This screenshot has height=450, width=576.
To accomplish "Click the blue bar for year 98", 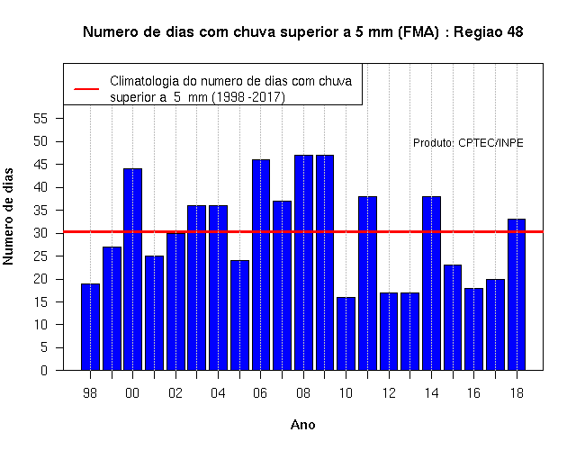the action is tap(90, 327).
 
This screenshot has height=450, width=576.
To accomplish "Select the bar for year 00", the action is tap(132, 269).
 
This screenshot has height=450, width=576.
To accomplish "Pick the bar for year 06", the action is tap(261, 265).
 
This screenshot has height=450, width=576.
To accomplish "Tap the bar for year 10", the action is tap(346, 334).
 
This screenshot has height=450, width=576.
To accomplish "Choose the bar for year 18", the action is tap(517, 294).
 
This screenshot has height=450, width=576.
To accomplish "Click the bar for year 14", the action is tap(431, 283).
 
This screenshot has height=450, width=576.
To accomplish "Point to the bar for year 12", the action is tap(389, 331).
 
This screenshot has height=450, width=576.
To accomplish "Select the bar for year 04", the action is tap(218, 288).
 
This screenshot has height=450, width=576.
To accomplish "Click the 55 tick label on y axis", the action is tap(40, 119).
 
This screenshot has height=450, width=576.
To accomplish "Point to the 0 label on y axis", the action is tap(44, 370).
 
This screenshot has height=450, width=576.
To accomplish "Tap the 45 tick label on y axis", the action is tap(40, 165).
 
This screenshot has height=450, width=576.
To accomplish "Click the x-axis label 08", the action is tap(303, 393).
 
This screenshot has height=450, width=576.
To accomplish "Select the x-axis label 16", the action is tap(473, 393).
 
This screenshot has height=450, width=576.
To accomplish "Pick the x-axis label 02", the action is tap(175, 393).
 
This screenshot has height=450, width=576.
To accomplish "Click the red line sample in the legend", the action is tap(86, 89).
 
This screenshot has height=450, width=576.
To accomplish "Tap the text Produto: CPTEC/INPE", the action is tap(468, 143).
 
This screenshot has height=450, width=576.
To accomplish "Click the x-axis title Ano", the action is tap(303, 425).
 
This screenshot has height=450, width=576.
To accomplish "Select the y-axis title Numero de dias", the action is tap(8, 217).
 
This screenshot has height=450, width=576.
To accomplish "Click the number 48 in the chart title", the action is tap(515, 32).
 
